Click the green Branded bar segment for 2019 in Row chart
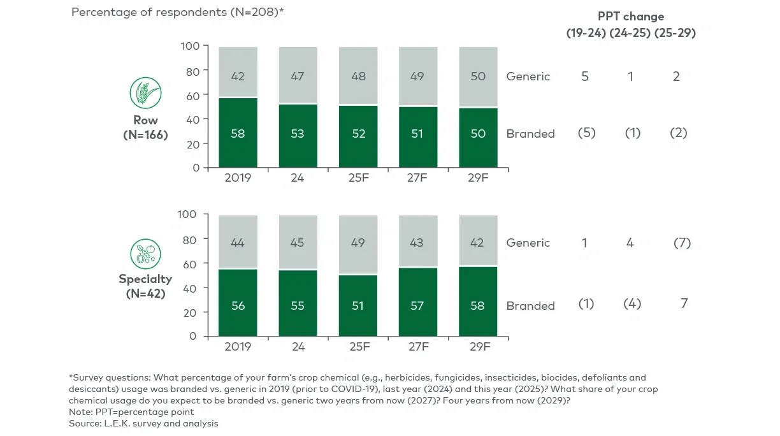238,133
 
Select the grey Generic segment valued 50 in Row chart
478,76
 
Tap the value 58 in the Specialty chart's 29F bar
478,305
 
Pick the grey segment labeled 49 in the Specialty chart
357,243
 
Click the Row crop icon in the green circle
145,93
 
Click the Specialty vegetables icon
145,254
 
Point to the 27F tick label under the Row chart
417,178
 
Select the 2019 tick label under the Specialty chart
238,346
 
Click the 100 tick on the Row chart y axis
190,46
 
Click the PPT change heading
630,17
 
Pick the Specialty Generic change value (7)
681,243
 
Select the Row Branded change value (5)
586,133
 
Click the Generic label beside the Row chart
528,76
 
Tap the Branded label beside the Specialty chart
530,306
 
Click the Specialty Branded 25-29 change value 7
684,303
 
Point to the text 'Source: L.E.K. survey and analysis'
143,423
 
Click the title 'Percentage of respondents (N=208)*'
177,13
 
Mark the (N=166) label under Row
145,134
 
